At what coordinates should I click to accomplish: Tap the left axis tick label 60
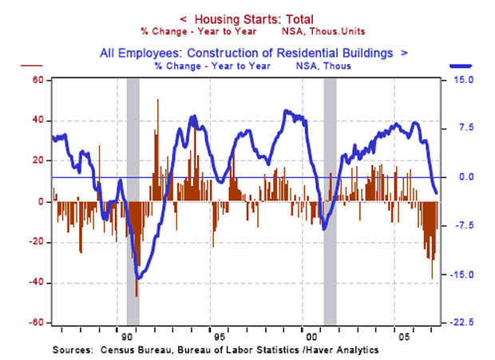pyautogui.click(x=37, y=81)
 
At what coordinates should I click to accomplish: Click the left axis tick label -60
pyautogui.click(x=35, y=323)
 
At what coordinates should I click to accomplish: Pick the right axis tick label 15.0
pyautogui.click(x=465, y=81)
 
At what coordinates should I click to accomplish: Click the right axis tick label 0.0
pyautogui.click(x=467, y=177)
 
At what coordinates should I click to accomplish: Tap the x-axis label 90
pyautogui.click(x=121, y=336)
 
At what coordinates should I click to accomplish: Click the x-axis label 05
pyautogui.click(x=394, y=336)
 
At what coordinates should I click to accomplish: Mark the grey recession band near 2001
pyautogui.click(x=329, y=200)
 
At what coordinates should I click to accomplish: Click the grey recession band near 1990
pyautogui.click(x=133, y=200)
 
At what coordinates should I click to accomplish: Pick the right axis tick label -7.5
pyautogui.click(x=465, y=226)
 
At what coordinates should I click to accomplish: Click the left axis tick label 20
pyautogui.click(x=37, y=161)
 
